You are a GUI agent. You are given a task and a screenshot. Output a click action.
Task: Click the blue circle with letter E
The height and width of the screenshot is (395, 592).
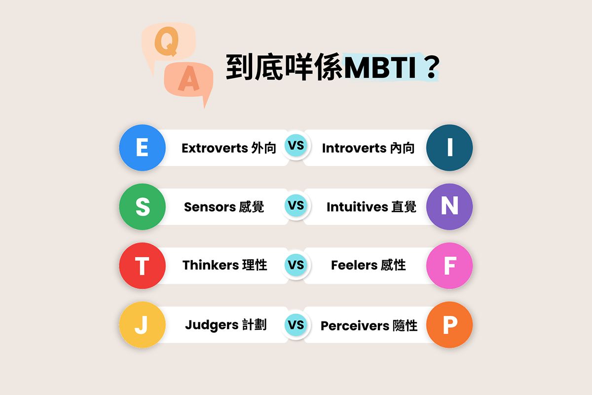tap(142, 148)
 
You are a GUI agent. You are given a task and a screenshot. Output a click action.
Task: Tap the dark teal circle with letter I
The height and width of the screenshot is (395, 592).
tap(449, 148)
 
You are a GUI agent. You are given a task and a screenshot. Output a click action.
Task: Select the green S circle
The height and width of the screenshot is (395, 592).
tap(142, 206)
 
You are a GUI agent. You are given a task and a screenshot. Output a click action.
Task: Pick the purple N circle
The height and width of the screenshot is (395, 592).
tap(449, 206)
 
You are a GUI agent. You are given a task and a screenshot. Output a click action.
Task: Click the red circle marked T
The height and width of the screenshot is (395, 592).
tap(142, 266)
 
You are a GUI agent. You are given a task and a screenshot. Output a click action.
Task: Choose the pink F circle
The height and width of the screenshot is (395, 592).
tap(449, 266)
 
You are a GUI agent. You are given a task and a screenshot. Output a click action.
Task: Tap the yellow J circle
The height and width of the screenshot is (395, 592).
tap(142, 325)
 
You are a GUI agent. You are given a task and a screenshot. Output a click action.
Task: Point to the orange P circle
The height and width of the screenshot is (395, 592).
tap(449, 325)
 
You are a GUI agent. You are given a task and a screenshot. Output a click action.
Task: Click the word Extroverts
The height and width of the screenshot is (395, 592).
tap(215, 148)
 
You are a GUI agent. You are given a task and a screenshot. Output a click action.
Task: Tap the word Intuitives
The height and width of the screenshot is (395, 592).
tap(357, 207)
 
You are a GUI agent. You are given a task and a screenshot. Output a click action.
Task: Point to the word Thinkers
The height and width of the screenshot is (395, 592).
tap(211, 265)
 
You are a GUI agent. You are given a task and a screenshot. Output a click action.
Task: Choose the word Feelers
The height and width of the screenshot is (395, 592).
tap(354, 265)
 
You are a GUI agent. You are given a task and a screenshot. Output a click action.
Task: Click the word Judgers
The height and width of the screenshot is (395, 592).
tap(212, 325)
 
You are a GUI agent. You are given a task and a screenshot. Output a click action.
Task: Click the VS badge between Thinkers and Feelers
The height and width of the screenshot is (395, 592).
tap(296, 265)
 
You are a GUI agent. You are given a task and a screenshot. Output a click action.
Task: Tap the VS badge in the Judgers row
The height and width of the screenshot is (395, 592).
tap(296, 325)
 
